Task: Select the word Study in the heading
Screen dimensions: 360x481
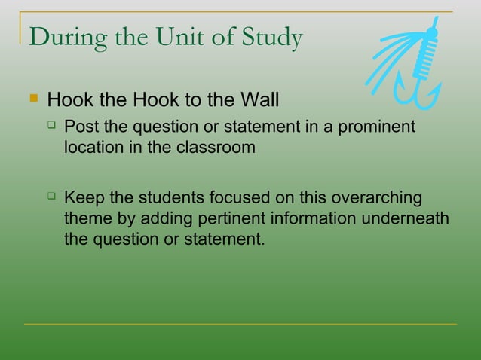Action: point(271,38)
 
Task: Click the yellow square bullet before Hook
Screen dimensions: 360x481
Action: point(31,99)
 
